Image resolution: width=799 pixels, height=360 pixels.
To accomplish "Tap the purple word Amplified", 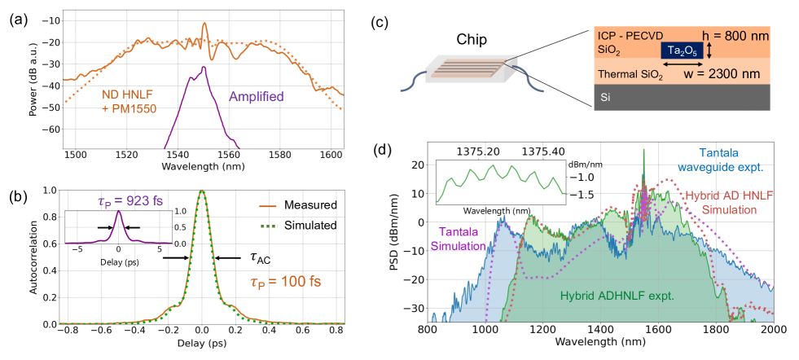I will click(x=256, y=96).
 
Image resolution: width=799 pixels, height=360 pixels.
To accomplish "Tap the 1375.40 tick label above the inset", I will click(x=546, y=151).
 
